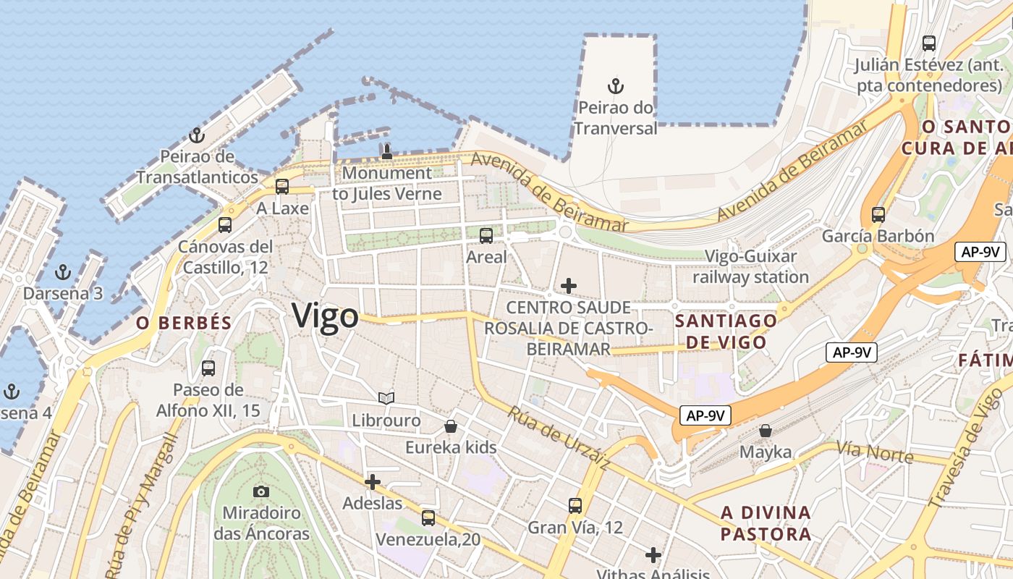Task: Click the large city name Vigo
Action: click(325, 316)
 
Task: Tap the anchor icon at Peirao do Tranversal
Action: click(616, 87)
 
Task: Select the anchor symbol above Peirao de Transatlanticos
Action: click(196, 135)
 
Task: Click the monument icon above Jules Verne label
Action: click(386, 152)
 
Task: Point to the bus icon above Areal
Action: click(486, 235)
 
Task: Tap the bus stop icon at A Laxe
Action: click(282, 187)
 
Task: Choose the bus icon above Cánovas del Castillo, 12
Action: click(225, 225)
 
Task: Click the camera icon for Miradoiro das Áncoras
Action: click(261, 492)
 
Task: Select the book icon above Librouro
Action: click(386, 398)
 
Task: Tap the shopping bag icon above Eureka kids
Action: click(451, 426)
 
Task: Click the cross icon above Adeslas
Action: click(373, 481)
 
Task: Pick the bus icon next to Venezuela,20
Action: click(428, 518)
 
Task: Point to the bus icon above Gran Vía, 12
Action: click(575, 506)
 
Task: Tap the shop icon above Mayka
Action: click(766, 431)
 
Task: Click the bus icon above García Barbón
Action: click(878, 215)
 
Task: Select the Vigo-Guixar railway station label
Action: click(751, 266)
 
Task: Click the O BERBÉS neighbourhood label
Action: click(184, 324)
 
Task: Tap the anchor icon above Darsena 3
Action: click(64, 273)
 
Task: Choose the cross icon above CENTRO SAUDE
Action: click(569, 286)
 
